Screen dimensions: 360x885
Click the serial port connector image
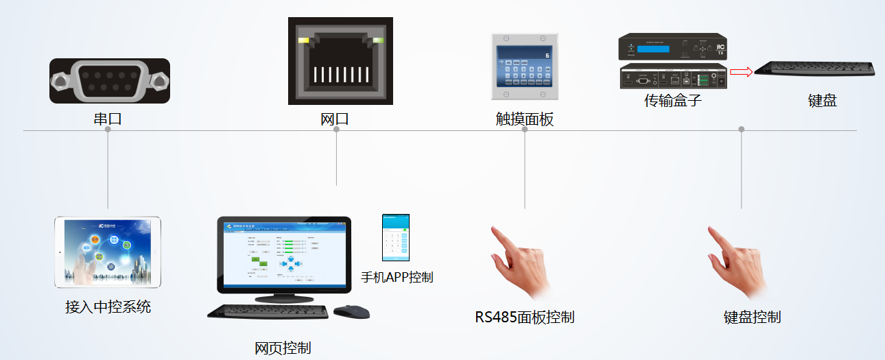(x=110, y=81)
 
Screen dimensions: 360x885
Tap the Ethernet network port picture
(x=340, y=61)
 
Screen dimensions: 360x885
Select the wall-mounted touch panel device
(x=524, y=67)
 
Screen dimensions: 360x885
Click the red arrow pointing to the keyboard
(x=740, y=71)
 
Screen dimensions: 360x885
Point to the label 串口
(x=108, y=119)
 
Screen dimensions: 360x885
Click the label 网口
(x=335, y=119)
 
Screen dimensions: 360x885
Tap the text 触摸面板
(x=524, y=119)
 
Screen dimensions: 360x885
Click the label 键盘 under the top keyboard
(x=822, y=101)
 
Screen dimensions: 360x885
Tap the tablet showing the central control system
(x=108, y=252)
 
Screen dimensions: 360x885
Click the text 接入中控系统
(x=108, y=307)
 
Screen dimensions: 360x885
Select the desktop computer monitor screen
(x=283, y=254)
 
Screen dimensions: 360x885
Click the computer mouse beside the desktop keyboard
(x=351, y=312)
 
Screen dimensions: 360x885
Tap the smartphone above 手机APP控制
(x=396, y=237)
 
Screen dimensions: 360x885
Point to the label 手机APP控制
(x=397, y=278)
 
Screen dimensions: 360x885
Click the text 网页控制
(x=283, y=348)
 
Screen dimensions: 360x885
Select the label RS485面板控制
(x=524, y=317)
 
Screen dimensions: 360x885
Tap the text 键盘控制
(x=752, y=317)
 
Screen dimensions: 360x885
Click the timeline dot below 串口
(x=108, y=130)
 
